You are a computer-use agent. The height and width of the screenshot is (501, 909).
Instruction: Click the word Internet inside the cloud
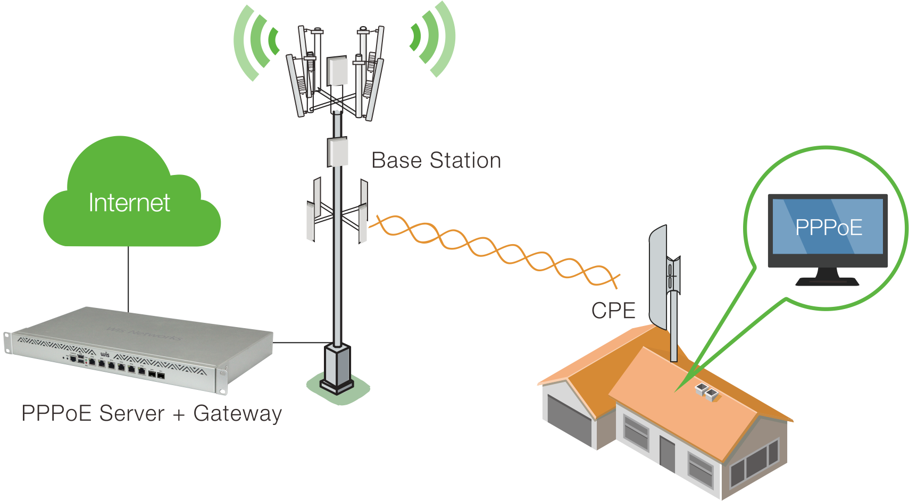point(129,203)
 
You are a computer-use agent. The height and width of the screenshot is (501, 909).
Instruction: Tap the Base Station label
point(436,161)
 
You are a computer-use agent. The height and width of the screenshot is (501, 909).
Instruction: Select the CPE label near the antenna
point(613,311)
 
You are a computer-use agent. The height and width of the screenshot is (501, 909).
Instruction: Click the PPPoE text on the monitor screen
point(828,228)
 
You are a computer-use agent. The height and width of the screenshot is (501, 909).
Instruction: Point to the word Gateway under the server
point(237,413)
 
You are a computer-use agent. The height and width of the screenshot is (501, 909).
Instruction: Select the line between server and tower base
point(301,343)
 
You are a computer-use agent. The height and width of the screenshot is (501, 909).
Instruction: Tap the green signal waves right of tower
point(433,40)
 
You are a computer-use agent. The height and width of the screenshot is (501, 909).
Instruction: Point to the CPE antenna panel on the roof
point(658,277)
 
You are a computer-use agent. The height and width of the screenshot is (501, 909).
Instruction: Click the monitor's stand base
point(827,280)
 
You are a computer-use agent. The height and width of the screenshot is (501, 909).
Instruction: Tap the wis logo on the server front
point(105,354)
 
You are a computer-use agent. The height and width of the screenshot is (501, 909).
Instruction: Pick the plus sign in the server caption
point(179,414)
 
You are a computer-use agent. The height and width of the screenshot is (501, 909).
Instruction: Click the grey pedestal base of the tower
point(337,367)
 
